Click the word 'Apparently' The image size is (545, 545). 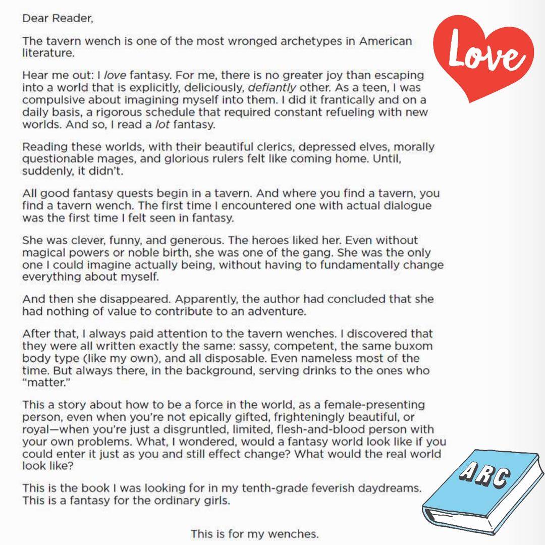coord(208,299)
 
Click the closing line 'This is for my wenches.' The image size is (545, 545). coord(255,534)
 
